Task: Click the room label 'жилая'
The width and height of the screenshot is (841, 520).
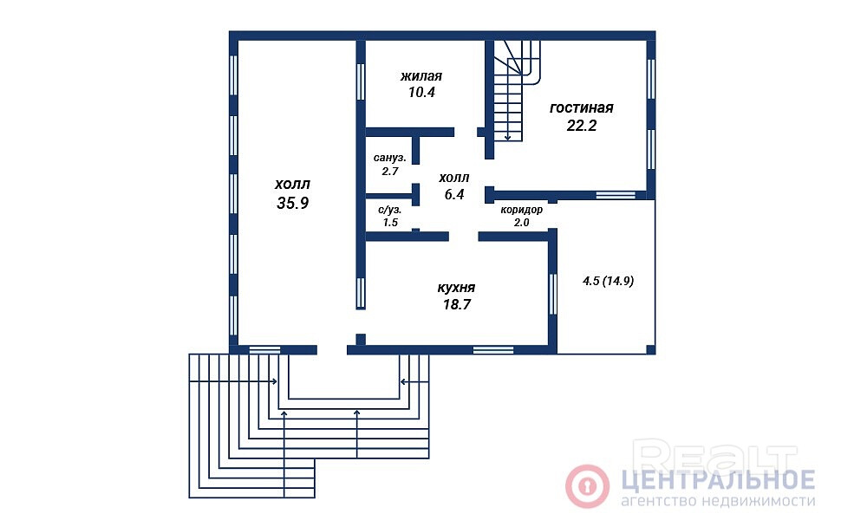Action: coord(421,76)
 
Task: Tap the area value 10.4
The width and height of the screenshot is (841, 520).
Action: coord(421,92)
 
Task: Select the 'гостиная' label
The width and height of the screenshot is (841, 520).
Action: coord(582,107)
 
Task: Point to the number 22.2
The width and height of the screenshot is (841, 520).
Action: coord(582,126)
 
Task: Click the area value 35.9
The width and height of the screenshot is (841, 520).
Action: coord(293,203)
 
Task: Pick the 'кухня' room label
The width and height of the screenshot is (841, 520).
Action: coord(456,288)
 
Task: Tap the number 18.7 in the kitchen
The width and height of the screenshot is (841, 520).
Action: coord(456,304)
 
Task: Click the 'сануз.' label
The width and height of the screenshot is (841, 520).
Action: coord(390,158)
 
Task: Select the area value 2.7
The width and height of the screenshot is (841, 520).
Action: coord(390,172)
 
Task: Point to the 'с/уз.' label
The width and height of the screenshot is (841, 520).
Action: coord(390,210)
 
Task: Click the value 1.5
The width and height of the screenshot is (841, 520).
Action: coord(390,223)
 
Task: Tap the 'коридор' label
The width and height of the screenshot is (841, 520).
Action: coord(521,210)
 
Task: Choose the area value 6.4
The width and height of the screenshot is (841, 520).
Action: coord(454,195)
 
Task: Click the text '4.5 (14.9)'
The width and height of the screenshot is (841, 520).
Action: coord(609,281)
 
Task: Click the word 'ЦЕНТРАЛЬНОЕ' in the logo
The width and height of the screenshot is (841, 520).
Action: coord(719,480)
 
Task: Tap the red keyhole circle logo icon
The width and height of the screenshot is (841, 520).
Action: coord(587,486)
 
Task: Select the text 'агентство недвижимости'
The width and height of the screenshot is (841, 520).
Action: coord(718,501)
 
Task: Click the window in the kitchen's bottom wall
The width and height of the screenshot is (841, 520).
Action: coord(493,350)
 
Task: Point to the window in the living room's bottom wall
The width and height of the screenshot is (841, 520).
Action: coord(616,195)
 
